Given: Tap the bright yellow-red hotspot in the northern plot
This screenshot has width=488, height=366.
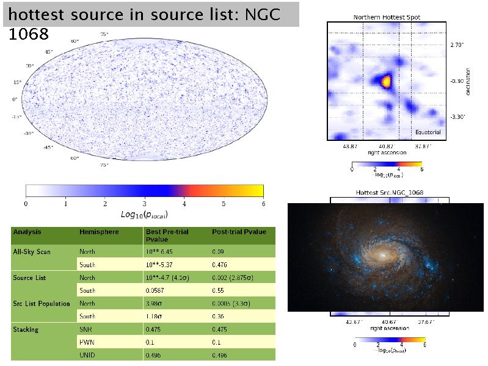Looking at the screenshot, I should pyautogui.click(x=385, y=80).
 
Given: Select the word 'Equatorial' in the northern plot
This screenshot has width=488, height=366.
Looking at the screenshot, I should pyautogui.click(x=428, y=132).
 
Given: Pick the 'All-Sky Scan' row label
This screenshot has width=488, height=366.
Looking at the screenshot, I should pyautogui.click(x=31, y=251).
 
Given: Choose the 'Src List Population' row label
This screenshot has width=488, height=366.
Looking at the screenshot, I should pyautogui.click(x=41, y=303).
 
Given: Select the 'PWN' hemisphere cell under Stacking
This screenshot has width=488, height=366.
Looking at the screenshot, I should pyautogui.click(x=86, y=343).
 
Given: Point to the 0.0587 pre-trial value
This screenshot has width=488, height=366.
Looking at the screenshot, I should pyautogui.click(x=156, y=290).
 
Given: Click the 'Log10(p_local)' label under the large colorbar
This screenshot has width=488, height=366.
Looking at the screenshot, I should pyautogui.click(x=145, y=215).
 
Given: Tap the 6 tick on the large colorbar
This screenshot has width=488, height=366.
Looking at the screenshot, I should pyautogui.click(x=262, y=203).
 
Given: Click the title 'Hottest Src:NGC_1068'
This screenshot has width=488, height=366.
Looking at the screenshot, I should pyautogui.click(x=390, y=193).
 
